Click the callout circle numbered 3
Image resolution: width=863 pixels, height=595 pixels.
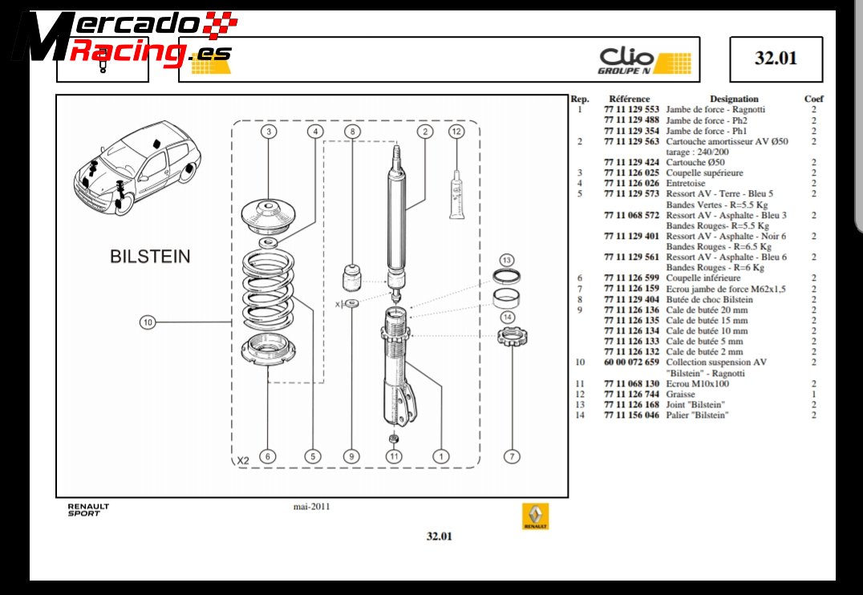[x=269, y=132]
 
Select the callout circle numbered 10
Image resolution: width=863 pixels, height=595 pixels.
[x=147, y=322]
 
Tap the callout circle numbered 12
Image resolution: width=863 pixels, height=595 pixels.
[x=456, y=132]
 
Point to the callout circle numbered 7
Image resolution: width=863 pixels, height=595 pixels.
[x=511, y=456]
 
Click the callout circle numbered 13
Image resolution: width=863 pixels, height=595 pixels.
[x=506, y=261]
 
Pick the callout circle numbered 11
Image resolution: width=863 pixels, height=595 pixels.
[x=394, y=456]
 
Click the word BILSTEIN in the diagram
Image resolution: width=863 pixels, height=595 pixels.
[x=150, y=257]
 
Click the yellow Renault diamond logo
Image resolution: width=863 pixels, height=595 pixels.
[x=535, y=516]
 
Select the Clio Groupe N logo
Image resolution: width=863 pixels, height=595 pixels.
[x=645, y=60]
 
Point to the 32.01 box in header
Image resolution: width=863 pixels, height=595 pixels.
[x=776, y=59]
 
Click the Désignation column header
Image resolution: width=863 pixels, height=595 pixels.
[x=733, y=99]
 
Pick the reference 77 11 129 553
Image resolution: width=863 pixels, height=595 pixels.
[x=631, y=110]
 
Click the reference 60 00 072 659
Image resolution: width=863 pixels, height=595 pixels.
[x=631, y=362]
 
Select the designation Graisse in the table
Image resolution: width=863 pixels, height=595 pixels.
[x=681, y=394]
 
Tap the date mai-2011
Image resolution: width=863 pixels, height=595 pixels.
[x=312, y=506]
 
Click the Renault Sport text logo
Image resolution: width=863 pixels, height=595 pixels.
[x=87, y=510]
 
